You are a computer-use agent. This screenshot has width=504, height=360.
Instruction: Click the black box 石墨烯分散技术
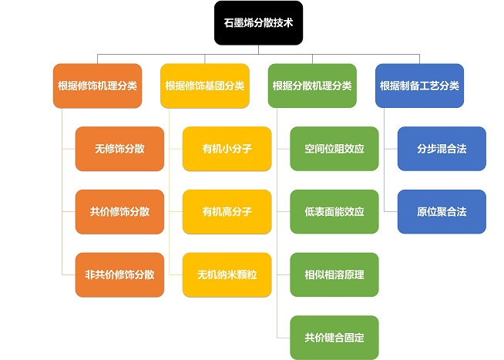coord(258,24)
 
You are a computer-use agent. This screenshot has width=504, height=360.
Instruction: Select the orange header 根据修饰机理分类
coord(98,86)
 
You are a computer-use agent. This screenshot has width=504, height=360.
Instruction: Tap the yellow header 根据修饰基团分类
coord(204,86)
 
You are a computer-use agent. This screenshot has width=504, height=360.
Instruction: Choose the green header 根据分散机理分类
coord(312,86)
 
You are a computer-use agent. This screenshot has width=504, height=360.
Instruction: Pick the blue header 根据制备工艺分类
coord(419,86)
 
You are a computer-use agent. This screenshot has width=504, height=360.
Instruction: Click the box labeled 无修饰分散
coord(119,149)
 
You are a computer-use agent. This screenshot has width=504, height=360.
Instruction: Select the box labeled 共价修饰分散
coord(119,211)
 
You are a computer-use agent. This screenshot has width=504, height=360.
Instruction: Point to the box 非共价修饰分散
coord(119,274)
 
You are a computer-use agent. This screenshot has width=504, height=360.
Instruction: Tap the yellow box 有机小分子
coord(227,149)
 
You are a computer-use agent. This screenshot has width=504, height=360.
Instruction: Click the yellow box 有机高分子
coord(227,211)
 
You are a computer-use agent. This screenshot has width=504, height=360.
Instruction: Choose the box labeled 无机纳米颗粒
coord(227,274)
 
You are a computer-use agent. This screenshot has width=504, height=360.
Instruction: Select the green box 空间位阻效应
coord(334,149)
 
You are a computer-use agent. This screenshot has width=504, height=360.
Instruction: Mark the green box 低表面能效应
coord(334,211)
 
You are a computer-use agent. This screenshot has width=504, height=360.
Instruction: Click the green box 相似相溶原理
coord(334,274)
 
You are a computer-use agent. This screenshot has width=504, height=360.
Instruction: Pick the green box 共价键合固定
coord(334,337)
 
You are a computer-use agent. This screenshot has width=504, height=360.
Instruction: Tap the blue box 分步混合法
coord(442,149)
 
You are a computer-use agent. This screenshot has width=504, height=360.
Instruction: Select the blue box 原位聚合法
coord(442,211)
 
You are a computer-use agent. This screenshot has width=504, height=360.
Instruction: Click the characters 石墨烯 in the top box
coord(243,24)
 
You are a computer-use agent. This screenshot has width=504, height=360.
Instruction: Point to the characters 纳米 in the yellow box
coord(227,274)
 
